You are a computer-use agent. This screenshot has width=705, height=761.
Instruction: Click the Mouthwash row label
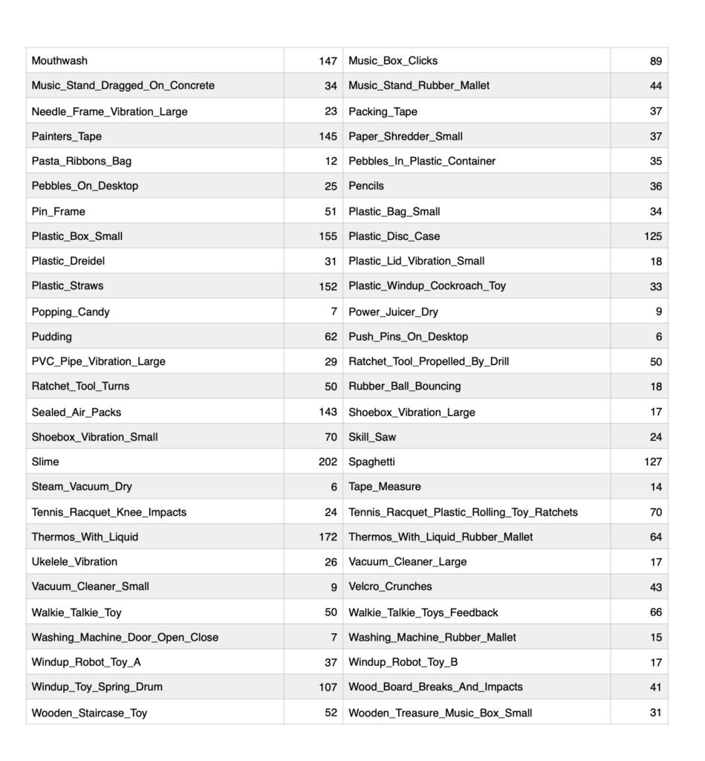(x=59, y=61)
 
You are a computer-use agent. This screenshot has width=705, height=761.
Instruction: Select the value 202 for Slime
(x=328, y=462)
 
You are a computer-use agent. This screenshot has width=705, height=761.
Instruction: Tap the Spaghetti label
(x=371, y=462)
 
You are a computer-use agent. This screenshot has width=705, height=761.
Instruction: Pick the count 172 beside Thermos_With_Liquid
(x=328, y=537)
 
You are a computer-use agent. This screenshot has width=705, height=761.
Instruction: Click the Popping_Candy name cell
(x=71, y=312)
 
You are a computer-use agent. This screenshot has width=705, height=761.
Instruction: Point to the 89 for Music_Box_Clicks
(x=655, y=61)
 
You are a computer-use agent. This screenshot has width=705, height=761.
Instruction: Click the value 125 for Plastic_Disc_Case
(x=652, y=236)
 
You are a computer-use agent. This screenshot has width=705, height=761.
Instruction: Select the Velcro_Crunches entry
(x=390, y=586)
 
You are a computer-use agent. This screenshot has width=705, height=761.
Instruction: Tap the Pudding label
(x=52, y=337)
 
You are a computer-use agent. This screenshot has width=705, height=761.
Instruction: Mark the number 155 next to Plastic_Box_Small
(x=328, y=236)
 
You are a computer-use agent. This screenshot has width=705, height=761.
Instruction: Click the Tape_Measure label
(x=385, y=487)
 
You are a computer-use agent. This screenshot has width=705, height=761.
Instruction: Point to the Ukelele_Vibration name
(x=74, y=562)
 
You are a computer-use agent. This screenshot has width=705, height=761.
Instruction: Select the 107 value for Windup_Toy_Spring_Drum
(x=328, y=687)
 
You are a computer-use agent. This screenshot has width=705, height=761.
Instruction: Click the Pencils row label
(x=366, y=186)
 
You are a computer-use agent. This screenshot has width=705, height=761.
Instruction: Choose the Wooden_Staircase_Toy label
(x=89, y=713)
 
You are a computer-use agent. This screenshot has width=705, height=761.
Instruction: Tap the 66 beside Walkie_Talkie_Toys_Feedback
(x=655, y=612)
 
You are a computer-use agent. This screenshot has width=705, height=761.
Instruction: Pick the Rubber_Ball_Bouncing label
(x=405, y=386)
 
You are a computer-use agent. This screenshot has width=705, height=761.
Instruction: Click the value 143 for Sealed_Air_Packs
(x=328, y=412)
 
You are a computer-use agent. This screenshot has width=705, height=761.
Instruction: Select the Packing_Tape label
(x=383, y=111)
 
